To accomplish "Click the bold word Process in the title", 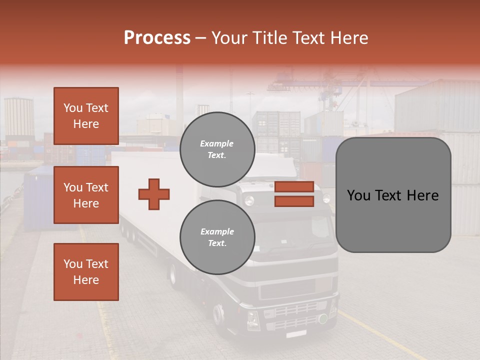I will pyautogui.click(x=157, y=37).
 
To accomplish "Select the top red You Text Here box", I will pyautogui.click(x=86, y=116).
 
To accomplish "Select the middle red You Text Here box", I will pyautogui.click(x=86, y=195).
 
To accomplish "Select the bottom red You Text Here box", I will pyautogui.click(x=86, y=271).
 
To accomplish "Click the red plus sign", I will pyautogui.click(x=154, y=194).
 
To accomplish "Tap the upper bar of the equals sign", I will pyautogui.click(x=294, y=186).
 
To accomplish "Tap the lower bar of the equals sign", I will pyautogui.click(x=294, y=201).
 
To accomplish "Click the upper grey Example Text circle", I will pyautogui.click(x=217, y=149).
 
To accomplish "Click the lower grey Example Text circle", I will pyautogui.click(x=217, y=237).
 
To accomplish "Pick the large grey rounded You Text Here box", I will pyautogui.click(x=393, y=195).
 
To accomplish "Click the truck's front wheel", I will pyautogui.click(x=218, y=315).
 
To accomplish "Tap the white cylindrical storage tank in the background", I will pyautogui.click(x=19, y=116).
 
